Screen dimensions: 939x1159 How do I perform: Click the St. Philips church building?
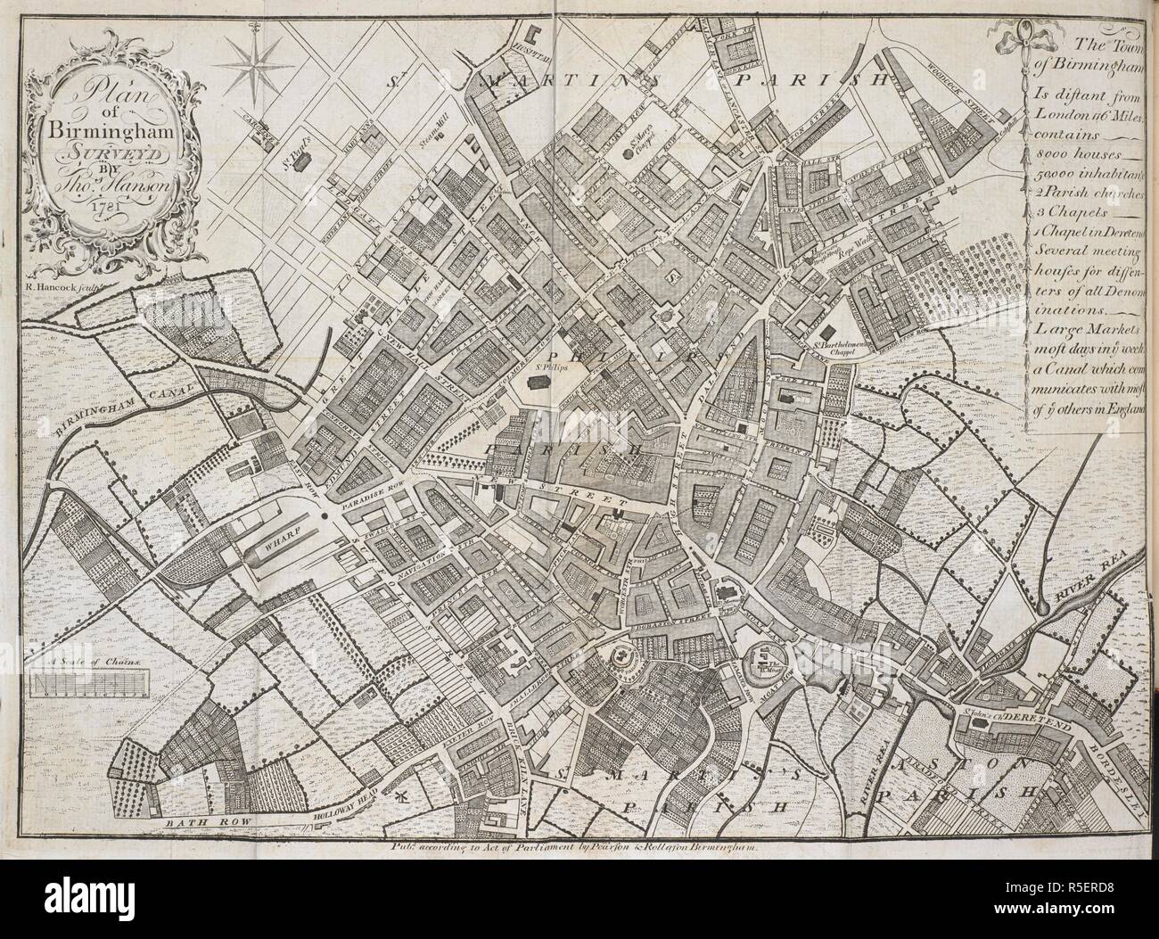(538, 382)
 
